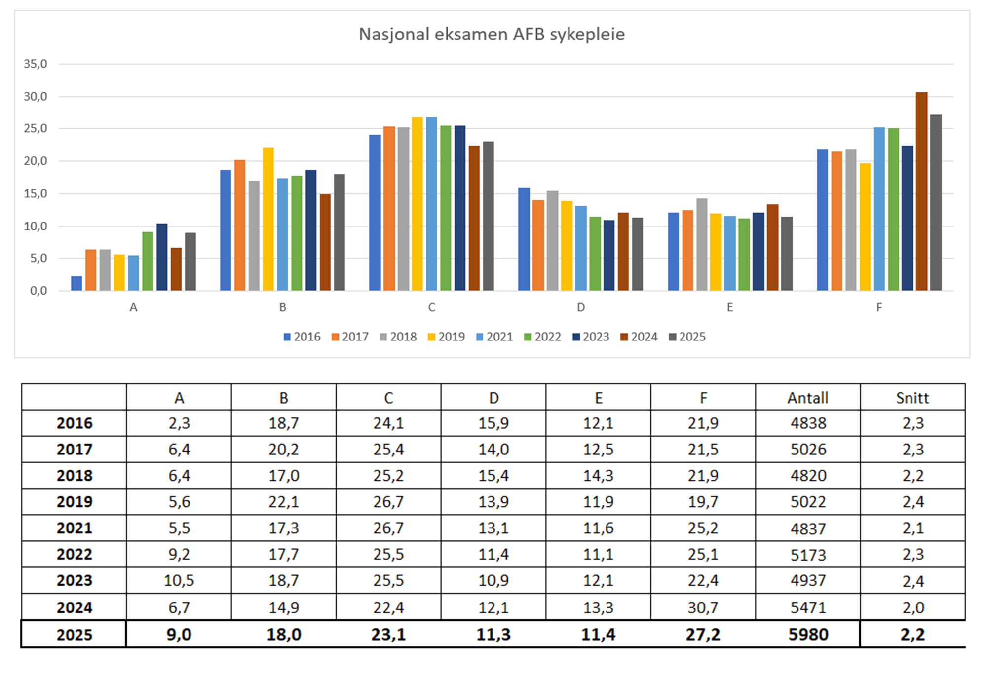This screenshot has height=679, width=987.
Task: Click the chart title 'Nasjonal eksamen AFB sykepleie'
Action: pos(492,34)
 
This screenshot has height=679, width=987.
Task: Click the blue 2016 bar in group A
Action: pos(76,283)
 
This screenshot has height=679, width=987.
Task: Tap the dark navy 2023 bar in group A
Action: pos(162,257)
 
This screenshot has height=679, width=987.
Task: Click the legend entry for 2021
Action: pos(494,337)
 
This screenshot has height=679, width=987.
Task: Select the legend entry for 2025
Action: pos(687,337)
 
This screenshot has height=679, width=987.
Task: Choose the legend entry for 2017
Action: pos(350,337)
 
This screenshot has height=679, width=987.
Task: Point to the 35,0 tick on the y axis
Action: pos(36,64)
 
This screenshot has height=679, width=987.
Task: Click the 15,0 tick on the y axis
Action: pos(36,193)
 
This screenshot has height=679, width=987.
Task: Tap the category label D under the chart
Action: pos(581,307)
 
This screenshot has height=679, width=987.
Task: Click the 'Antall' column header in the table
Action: pos(807,398)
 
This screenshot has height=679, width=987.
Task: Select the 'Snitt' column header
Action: pos(912,398)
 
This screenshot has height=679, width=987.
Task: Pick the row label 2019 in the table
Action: pos(74,502)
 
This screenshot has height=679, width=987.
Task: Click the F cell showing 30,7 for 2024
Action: pos(703,607)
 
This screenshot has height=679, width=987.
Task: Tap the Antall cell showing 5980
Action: pos(808,634)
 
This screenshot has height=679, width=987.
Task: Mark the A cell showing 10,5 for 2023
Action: pos(179,581)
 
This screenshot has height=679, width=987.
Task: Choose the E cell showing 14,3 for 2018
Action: pos(598,476)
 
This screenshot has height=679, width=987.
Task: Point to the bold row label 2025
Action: pos(74,634)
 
